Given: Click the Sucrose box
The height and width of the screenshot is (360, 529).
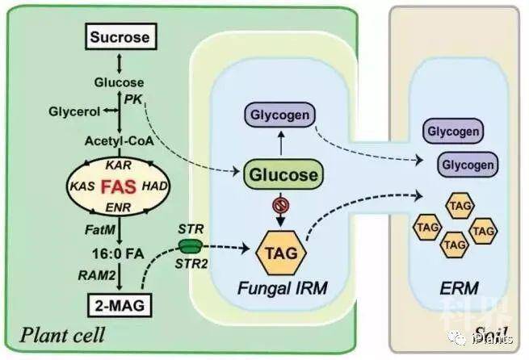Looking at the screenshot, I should [x=121, y=37].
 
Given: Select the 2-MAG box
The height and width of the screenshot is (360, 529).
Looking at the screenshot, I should [x=121, y=308].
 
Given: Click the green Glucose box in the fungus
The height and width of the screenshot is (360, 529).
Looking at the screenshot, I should [x=279, y=174].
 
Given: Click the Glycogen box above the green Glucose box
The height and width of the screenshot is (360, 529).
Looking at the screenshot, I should [x=281, y=116].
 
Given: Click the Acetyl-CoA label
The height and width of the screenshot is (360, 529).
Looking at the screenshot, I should [x=120, y=141].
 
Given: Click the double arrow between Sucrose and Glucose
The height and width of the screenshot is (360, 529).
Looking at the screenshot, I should [x=120, y=61].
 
